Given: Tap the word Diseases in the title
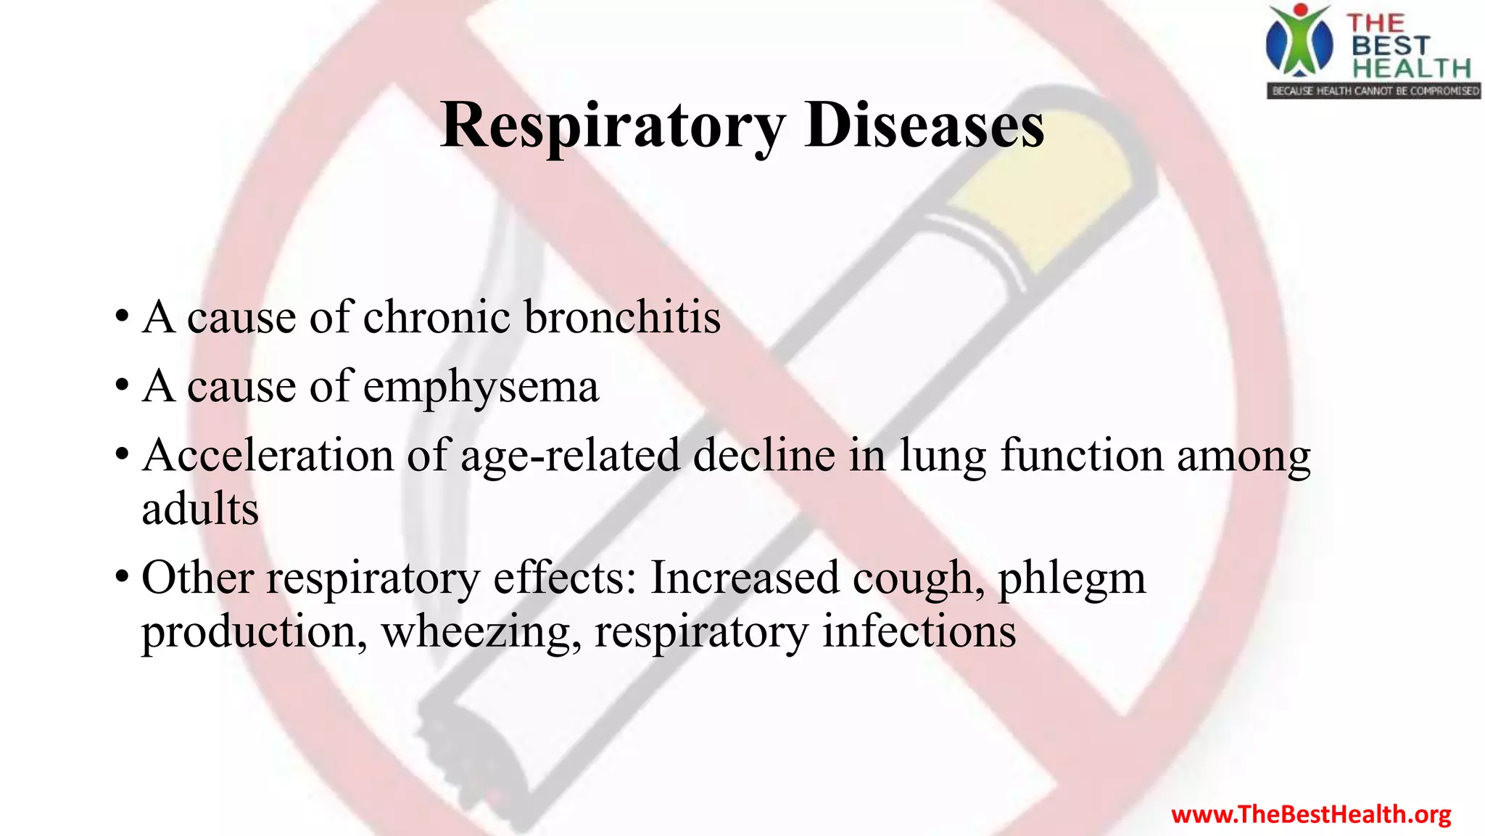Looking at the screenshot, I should click(924, 126).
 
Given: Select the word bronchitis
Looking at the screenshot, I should click(622, 317).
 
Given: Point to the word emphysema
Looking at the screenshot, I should click(481, 387).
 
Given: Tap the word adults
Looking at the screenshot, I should click(200, 509).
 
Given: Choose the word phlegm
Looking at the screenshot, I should click(1072, 578).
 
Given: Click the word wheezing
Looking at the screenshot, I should click(481, 632).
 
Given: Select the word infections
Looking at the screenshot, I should click(919, 631).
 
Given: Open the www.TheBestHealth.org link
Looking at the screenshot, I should click(1311, 814).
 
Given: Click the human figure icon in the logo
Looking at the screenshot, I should click(1299, 42).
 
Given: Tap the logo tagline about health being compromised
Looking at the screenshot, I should click(1374, 91).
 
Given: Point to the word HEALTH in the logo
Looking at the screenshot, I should click(1411, 68).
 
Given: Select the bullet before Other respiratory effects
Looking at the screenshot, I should click(122, 578).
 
